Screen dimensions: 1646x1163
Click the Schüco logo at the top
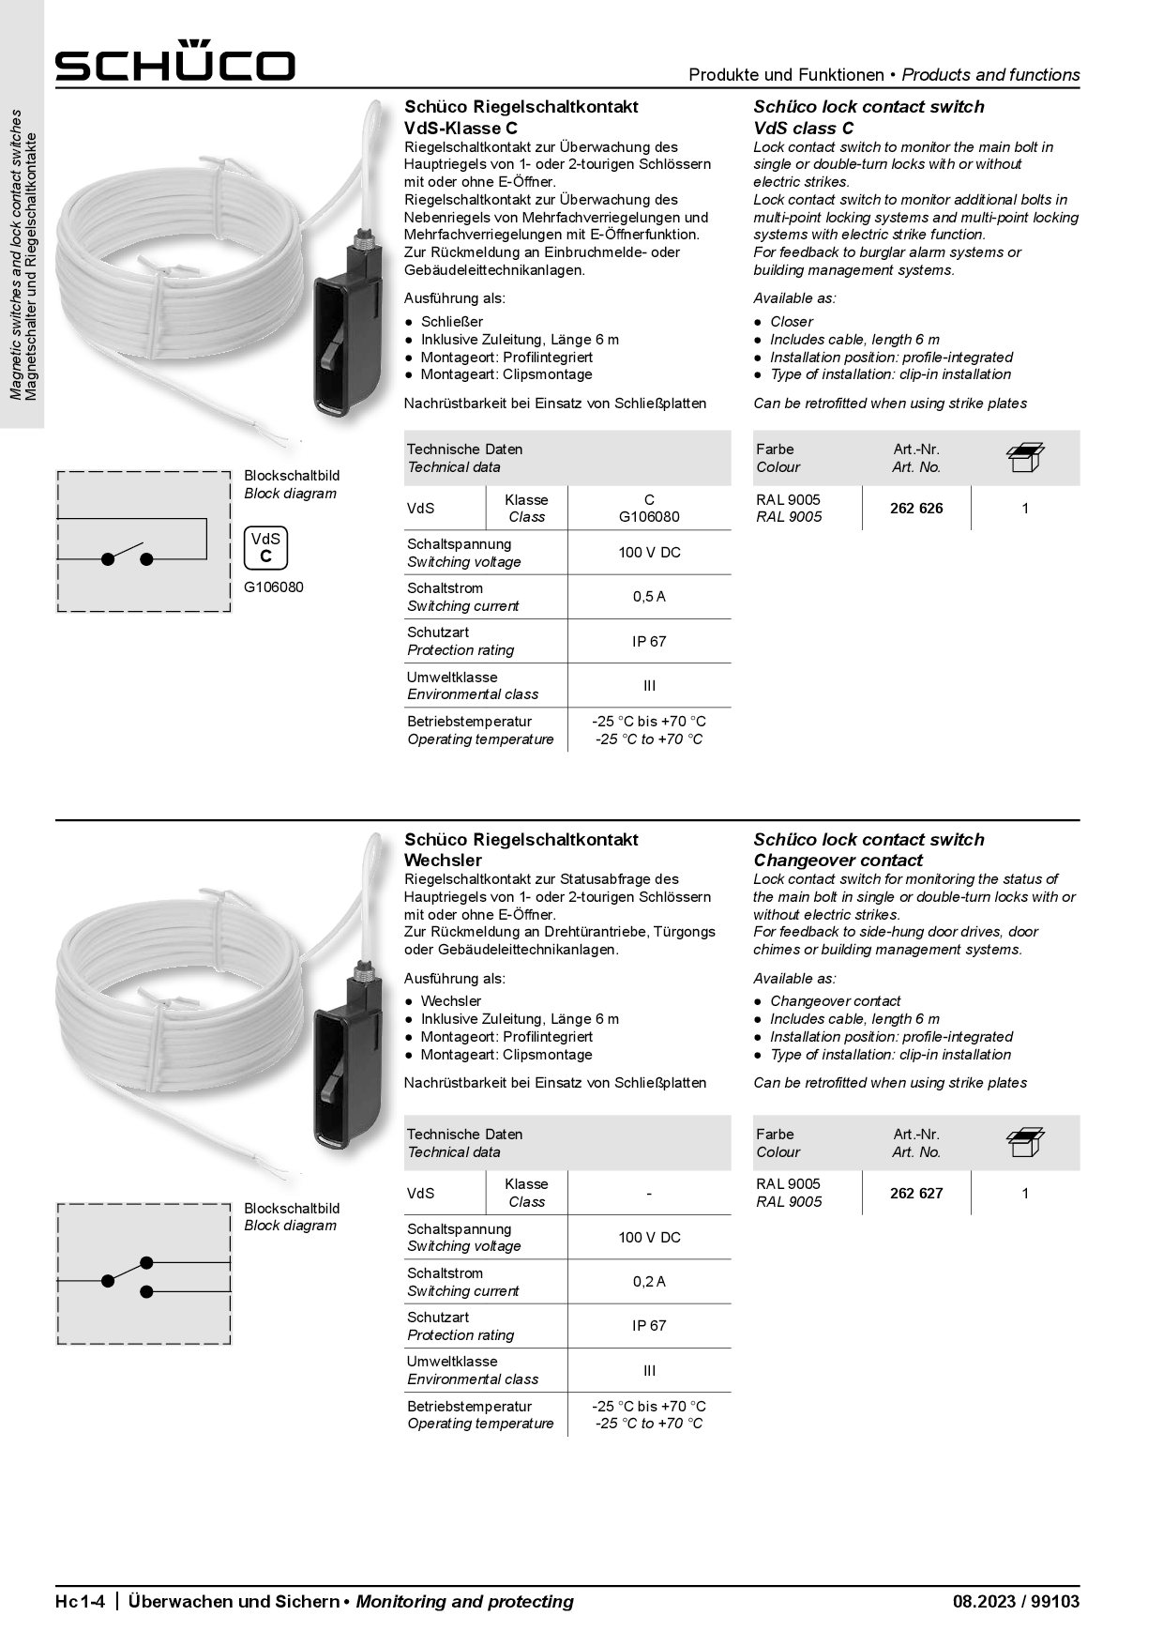(x=174, y=62)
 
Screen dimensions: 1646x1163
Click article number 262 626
(x=916, y=509)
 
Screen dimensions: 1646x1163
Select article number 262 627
(x=916, y=1194)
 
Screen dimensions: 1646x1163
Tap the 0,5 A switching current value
(x=649, y=597)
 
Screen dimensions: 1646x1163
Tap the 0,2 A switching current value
(x=649, y=1282)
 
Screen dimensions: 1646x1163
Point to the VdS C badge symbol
(x=265, y=548)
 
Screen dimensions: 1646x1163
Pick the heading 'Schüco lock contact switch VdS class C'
(x=868, y=117)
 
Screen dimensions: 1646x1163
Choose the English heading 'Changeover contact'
(x=838, y=861)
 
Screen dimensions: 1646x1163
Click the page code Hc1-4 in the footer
(x=84, y=1602)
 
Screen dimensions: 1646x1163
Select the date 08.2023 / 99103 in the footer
(x=1016, y=1602)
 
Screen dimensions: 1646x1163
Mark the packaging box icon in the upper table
(x=1025, y=457)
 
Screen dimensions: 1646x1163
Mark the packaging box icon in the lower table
(x=1025, y=1142)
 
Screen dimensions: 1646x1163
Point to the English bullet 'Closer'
(x=792, y=322)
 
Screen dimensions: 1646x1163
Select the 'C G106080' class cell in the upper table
(x=649, y=509)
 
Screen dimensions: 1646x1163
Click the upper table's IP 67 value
(x=649, y=642)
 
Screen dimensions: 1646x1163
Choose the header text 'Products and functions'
(x=990, y=75)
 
